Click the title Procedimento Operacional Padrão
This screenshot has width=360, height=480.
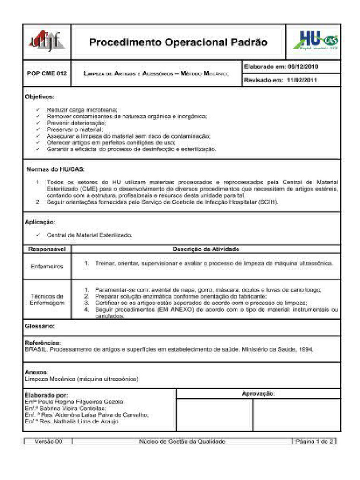pyautogui.click(x=179, y=43)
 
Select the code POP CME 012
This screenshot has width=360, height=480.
pyautogui.click(x=46, y=74)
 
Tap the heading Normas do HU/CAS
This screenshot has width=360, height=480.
pyautogui.click(x=55, y=168)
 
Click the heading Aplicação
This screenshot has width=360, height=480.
pyautogui.click(x=40, y=221)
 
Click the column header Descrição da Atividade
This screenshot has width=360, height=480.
pyautogui.click(x=206, y=249)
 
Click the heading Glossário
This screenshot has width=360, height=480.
pyautogui.click(x=40, y=325)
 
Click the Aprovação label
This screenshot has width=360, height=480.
pyautogui.click(x=257, y=394)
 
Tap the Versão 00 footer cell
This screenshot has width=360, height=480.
pyautogui.click(x=47, y=441)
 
